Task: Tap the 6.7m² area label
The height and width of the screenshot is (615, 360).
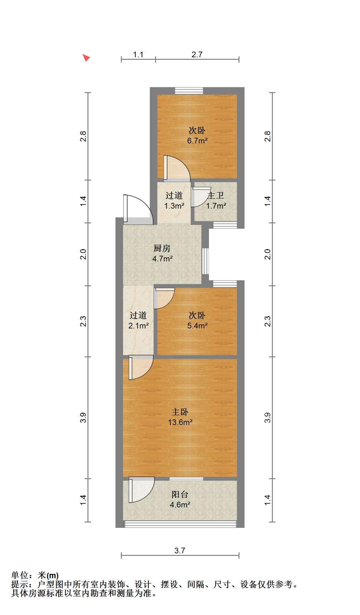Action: (197, 141)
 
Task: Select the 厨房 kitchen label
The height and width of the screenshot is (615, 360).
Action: (162, 248)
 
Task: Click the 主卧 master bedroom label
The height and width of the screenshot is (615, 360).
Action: (180, 412)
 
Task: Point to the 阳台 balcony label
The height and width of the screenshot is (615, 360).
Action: (180, 494)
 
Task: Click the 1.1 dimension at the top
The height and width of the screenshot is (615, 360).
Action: (138, 54)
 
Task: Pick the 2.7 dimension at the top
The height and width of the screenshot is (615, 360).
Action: (197, 54)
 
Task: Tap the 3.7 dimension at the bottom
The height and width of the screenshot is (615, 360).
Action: (180, 551)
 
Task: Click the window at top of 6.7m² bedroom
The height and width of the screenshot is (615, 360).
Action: (189, 91)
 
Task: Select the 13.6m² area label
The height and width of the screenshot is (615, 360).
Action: (180, 422)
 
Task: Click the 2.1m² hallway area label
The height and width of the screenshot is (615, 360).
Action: (138, 326)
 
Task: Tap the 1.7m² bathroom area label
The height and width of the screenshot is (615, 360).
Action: (216, 206)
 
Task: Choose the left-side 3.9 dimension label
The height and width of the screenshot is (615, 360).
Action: (83, 417)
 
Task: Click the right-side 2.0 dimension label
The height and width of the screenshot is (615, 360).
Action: (267, 254)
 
